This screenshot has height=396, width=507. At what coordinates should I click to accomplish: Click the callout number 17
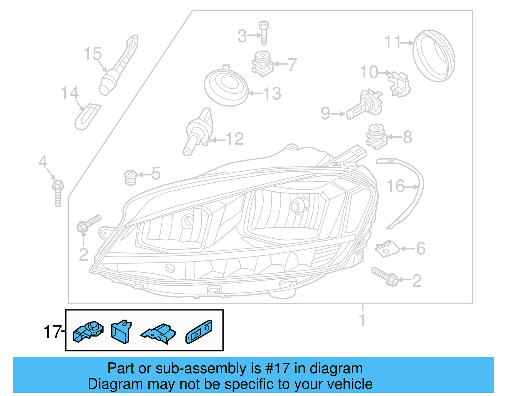click(x=52, y=332)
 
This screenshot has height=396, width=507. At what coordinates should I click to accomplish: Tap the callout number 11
click(x=393, y=42)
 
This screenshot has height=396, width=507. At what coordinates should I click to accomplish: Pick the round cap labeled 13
click(x=226, y=85)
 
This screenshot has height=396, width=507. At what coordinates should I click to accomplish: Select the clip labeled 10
click(x=400, y=84)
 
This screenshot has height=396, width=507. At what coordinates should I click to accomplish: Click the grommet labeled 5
click(x=131, y=178)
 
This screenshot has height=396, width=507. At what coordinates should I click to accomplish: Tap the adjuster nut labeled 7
click(x=262, y=63)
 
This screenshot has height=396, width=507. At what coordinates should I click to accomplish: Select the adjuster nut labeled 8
click(x=376, y=136)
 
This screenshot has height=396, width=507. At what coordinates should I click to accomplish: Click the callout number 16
click(x=395, y=186)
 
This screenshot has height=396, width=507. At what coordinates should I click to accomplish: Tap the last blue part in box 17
click(x=199, y=332)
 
